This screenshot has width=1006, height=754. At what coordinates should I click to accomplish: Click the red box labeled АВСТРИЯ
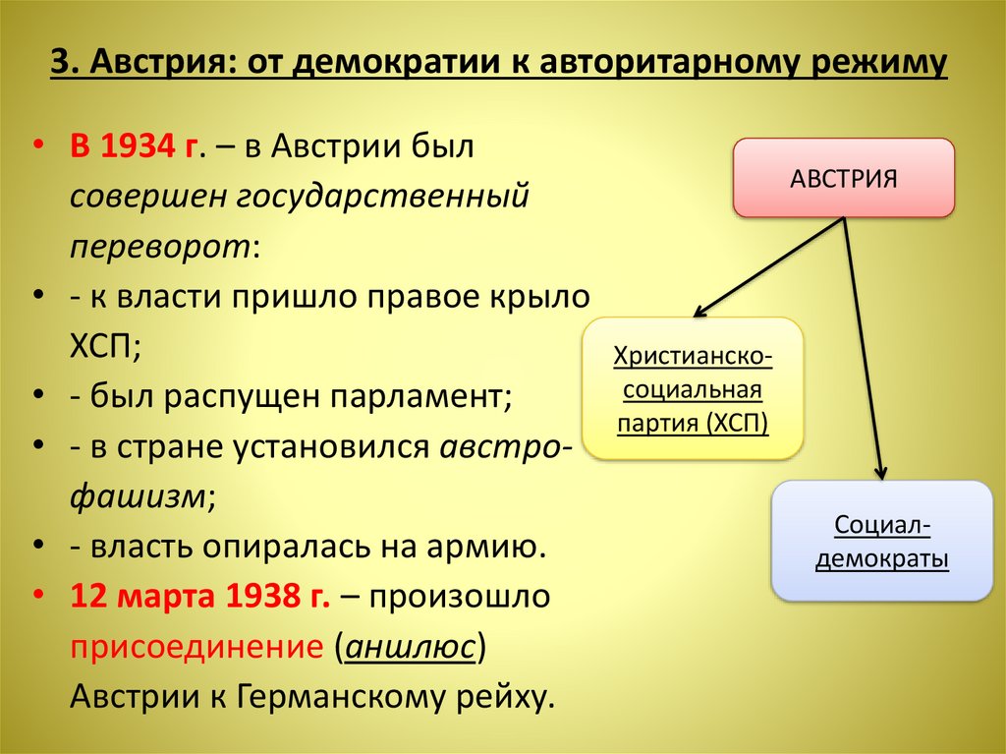click(x=843, y=178)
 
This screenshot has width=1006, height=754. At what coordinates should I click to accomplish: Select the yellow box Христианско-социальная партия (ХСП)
click(x=693, y=389)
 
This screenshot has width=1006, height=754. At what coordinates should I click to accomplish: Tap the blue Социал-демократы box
click(x=883, y=542)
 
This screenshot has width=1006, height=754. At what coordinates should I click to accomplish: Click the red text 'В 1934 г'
click(x=136, y=148)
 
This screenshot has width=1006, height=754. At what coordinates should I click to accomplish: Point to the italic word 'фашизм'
click(x=137, y=495)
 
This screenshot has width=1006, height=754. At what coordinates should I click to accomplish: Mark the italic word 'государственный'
click(x=383, y=197)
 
